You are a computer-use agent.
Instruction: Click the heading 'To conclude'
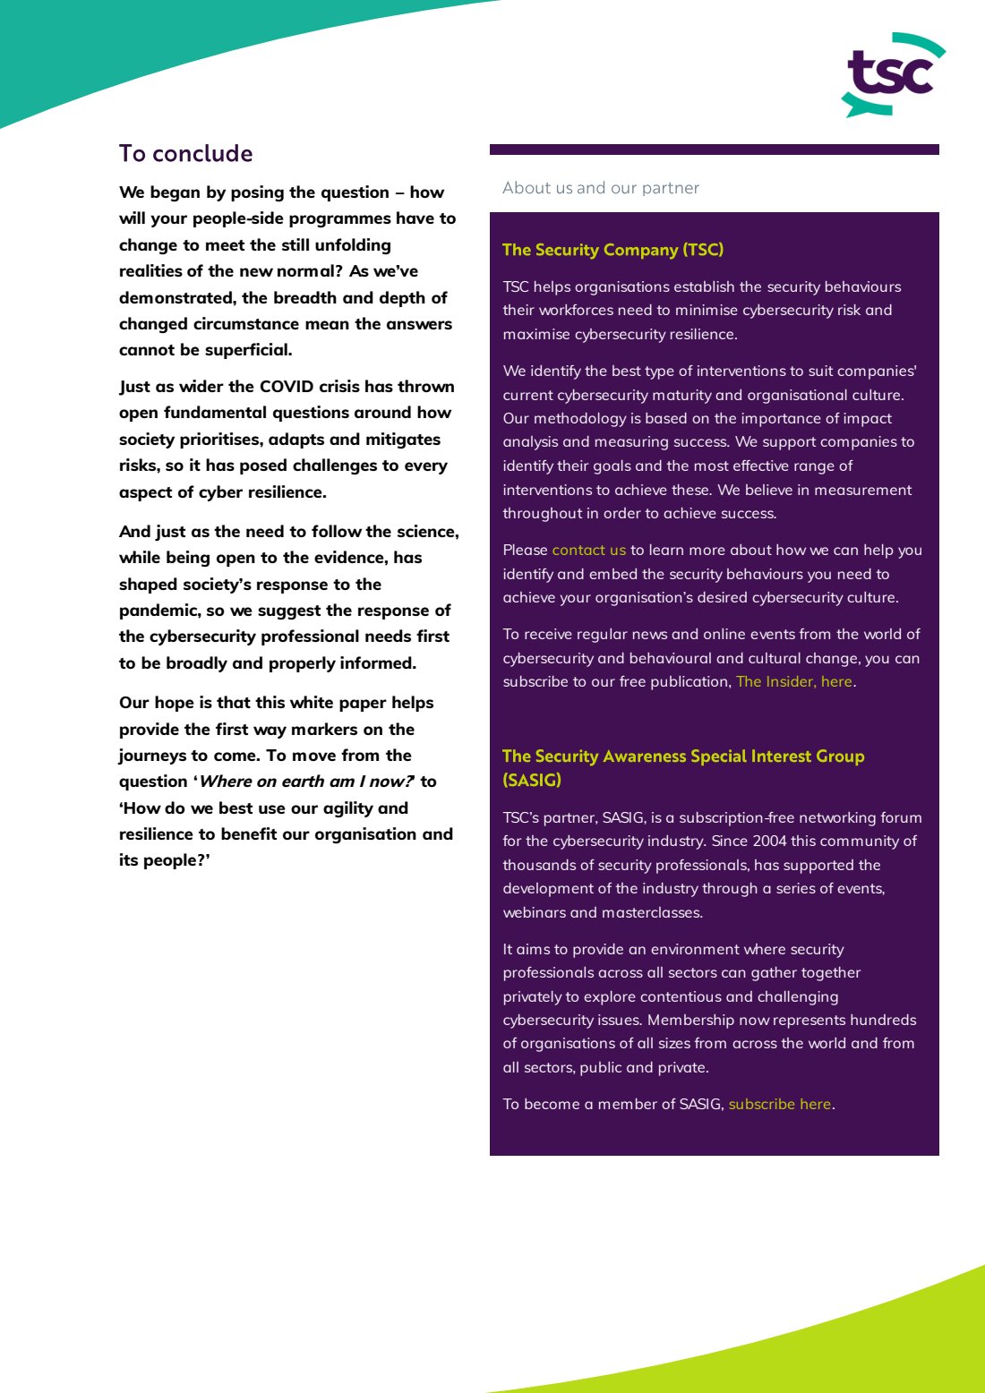(x=185, y=153)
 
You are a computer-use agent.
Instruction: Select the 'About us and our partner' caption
(x=600, y=188)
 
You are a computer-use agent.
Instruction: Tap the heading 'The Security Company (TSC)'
(x=612, y=250)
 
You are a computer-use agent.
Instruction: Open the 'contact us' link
(x=588, y=550)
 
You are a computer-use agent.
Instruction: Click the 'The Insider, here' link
(x=793, y=681)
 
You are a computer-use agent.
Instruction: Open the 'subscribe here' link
(x=779, y=1104)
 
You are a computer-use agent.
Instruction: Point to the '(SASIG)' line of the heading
(x=532, y=780)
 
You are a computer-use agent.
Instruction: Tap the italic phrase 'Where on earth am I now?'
(x=306, y=782)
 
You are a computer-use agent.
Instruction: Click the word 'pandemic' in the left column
(x=160, y=611)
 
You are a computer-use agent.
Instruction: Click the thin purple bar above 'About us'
(x=714, y=150)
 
